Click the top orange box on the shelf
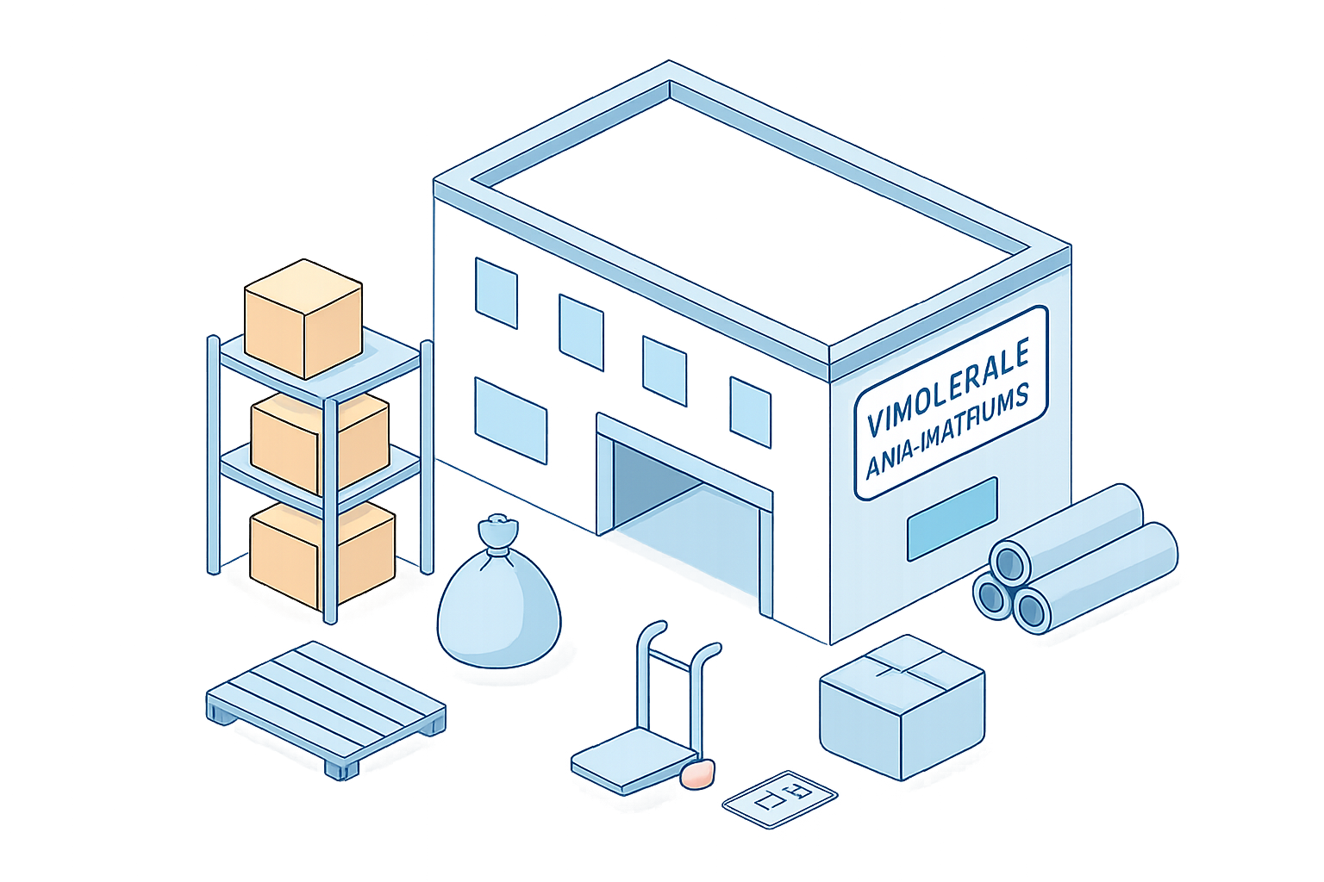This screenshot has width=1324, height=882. point(303,318)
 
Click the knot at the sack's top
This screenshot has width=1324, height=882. point(499,527)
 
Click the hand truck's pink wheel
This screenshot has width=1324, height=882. point(697,773)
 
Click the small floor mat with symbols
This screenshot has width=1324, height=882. point(779,798)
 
